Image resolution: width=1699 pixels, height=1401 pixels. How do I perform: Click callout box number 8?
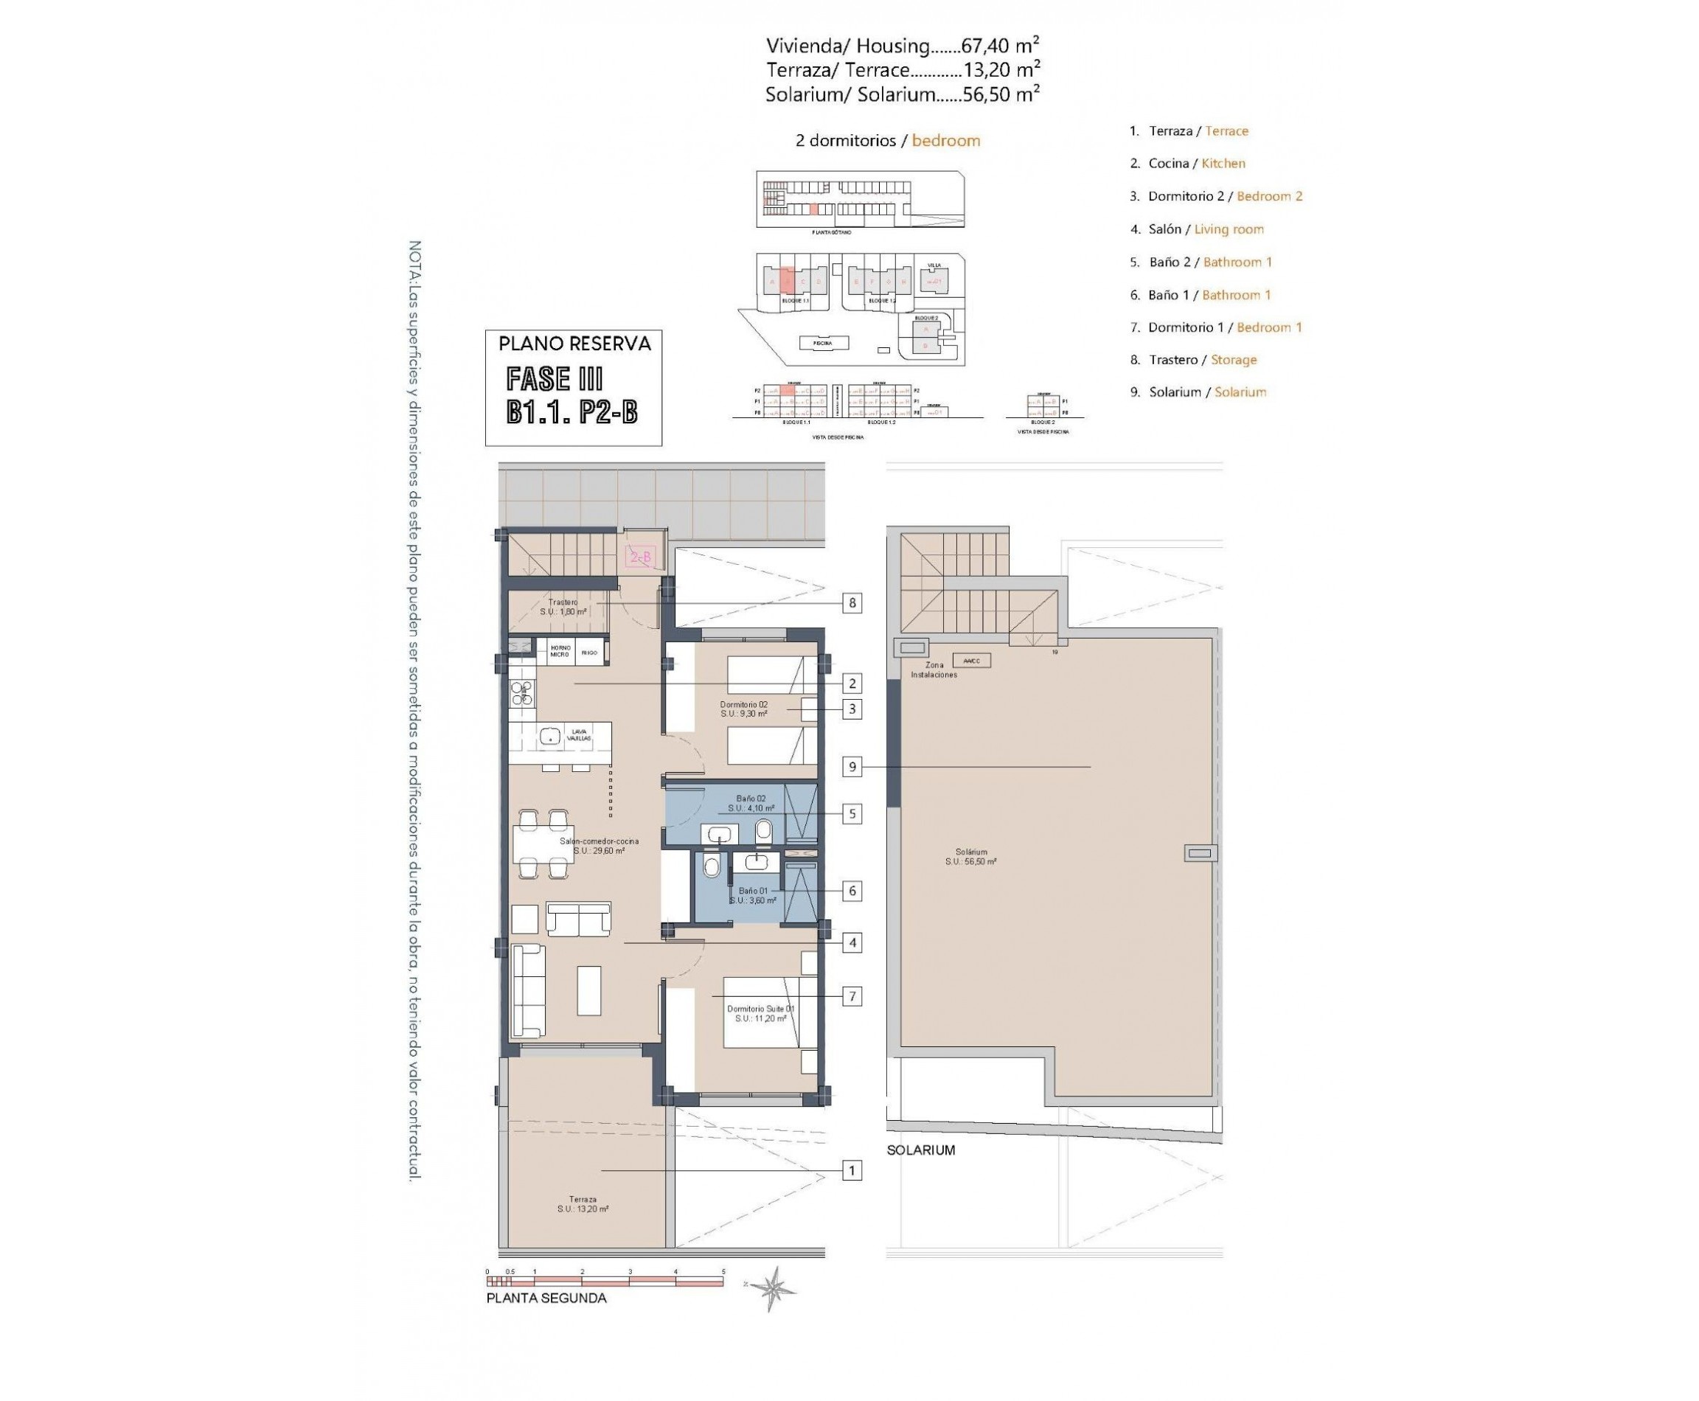click(852, 603)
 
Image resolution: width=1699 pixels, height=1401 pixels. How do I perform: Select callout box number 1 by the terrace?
click(852, 1170)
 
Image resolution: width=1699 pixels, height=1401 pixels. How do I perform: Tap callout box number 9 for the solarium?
click(852, 767)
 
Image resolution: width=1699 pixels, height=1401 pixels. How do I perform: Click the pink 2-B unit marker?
click(640, 557)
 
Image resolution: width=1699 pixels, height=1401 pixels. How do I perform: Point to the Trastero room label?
click(563, 607)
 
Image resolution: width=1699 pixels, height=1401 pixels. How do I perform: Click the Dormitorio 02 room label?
click(743, 709)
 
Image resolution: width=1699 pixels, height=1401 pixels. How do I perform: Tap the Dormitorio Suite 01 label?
click(760, 1014)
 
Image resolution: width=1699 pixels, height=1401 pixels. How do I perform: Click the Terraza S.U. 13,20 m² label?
click(582, 1204)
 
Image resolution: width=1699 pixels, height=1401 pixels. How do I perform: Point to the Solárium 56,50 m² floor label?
click(970, 856)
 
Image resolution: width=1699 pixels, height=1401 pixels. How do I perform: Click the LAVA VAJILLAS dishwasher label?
click(579, 734)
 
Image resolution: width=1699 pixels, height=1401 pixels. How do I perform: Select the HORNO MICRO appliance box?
click(560, 650)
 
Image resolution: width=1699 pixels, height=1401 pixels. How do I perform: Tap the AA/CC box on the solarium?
click(971, 660)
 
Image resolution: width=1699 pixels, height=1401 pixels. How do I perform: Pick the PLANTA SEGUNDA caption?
click(546, 1321)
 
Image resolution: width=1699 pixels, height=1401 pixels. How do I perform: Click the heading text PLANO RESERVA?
click(574, 344)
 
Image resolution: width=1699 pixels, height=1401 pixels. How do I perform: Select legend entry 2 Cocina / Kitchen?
click(1186, 163)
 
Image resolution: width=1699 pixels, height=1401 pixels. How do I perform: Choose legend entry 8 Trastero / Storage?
click(1192, 360)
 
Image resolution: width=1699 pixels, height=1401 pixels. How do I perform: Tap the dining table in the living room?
click(543, 844)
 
